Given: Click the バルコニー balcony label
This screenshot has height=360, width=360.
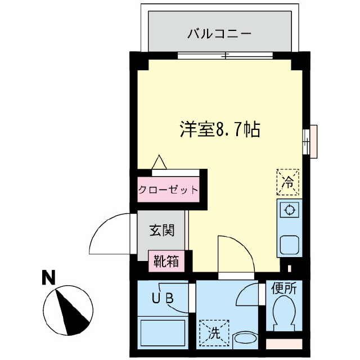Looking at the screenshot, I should [x=219, y=33].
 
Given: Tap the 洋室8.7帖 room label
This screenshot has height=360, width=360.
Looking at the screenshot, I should [x=219, y=130].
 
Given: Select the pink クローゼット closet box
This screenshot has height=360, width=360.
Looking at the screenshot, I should [x=168, y=189].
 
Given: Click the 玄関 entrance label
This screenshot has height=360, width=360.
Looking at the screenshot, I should [x=161, y=230].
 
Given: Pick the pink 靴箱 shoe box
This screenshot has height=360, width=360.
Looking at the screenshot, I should [x=167, y=261].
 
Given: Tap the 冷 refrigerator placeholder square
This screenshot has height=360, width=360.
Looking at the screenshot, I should [x=287, y=181].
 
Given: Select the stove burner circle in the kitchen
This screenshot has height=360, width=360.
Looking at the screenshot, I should [x=290, y=210].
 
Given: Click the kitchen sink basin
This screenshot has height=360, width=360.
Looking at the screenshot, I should [x=290, y=246].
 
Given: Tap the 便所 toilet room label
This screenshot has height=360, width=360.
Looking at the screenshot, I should [x=283, y=290].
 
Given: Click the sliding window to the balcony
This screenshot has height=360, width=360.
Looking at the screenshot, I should [x=225, y=55].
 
